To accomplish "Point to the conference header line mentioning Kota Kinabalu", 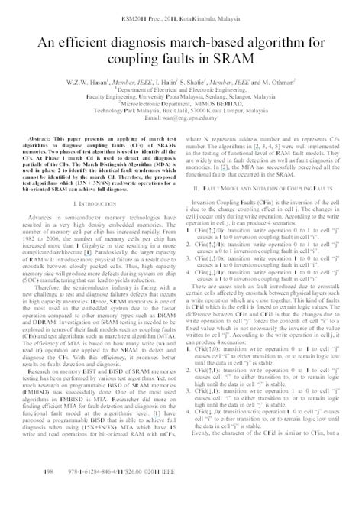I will pyautogui.click(x=180, y=17).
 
